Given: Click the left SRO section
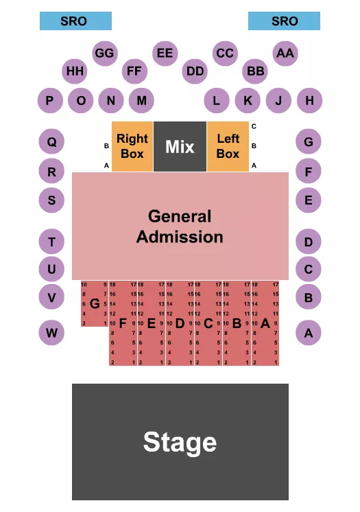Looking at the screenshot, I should [75, 21].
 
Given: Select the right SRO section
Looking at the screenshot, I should [284, 21].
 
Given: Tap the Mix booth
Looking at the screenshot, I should [180, 147].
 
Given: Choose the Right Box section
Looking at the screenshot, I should [132, 147].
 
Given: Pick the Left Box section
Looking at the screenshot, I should [228, 147].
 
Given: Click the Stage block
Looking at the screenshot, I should [180, 442].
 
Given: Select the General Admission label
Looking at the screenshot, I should [180, 226].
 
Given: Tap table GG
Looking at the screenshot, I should [104, 53].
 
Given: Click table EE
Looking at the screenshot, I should [165, 53].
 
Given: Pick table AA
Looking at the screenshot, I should [285, 53].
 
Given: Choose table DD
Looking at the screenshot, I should [195, 71].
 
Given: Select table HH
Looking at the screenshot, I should [75, 71].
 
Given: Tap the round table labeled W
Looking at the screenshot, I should [51, 334].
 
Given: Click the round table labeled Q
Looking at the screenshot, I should [51, 143].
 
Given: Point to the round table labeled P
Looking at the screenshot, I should [49, 101].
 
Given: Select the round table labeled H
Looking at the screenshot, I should [309, 101].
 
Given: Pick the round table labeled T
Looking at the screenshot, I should [51, 242].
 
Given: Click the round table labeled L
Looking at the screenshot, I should [217, 101].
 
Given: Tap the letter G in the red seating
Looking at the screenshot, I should [95, 303].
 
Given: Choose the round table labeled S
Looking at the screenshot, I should [51, 200].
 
